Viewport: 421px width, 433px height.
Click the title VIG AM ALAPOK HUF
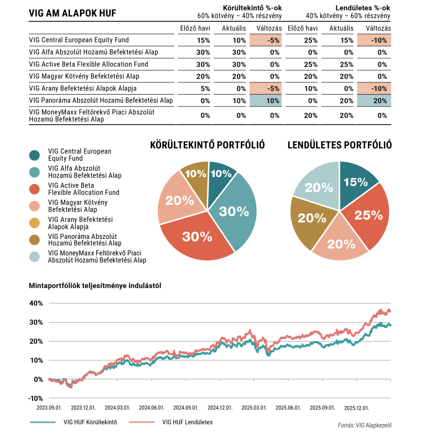(72, 14)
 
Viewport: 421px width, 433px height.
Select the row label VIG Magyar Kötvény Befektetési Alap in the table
(84, 76)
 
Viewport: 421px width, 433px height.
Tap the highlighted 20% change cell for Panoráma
(374, 101)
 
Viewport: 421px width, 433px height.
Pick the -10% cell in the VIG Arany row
(374, 88)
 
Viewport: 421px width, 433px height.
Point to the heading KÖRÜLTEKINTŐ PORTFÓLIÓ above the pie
(208, 145)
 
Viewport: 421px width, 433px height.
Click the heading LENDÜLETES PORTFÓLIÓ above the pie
(339, 145)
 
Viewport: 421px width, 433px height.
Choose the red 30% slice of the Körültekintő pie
(197, 237)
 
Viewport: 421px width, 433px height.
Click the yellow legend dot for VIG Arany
(35, 223)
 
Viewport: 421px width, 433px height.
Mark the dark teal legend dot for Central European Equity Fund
(35, 155)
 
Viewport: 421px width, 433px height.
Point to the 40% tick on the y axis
(36, 303)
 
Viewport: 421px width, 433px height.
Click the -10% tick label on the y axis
(36, 398)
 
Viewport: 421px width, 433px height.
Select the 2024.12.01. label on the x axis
(220, 408)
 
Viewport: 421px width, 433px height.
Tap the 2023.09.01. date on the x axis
(49, 408)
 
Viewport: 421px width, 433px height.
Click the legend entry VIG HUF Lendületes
(187, 422)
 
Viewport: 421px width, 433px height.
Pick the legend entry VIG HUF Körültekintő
(90, 422)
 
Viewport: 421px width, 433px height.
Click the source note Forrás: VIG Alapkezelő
(364, 425)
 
